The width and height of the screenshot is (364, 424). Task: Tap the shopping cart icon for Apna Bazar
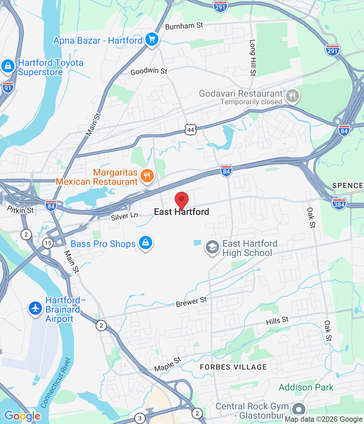[x=152, y=40]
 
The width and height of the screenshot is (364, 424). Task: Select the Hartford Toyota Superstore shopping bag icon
[x=8, y=66]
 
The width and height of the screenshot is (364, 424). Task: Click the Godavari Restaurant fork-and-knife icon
[x=292, y=96]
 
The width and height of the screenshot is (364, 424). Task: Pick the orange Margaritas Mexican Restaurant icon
[x=147, y=176]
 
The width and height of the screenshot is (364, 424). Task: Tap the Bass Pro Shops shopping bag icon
[x=145, y=243]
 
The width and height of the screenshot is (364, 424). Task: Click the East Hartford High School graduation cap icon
[x=212, y=247]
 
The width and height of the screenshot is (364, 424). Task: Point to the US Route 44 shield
[x=191, y=130]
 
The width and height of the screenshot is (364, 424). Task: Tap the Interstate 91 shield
[x=8, y=87]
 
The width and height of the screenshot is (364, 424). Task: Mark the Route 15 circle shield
[x=48, y=243]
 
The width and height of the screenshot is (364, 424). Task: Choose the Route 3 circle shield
[x=140, y=418]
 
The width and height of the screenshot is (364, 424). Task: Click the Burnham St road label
[x=184, y=26]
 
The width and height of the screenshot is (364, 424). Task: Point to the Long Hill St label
[x=253, y=58]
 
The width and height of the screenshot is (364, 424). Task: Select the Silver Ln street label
[x=124, y=216]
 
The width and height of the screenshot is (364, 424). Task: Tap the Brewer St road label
[x=191, y=302]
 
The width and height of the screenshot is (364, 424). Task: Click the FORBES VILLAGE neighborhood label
[x=233, y=367]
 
